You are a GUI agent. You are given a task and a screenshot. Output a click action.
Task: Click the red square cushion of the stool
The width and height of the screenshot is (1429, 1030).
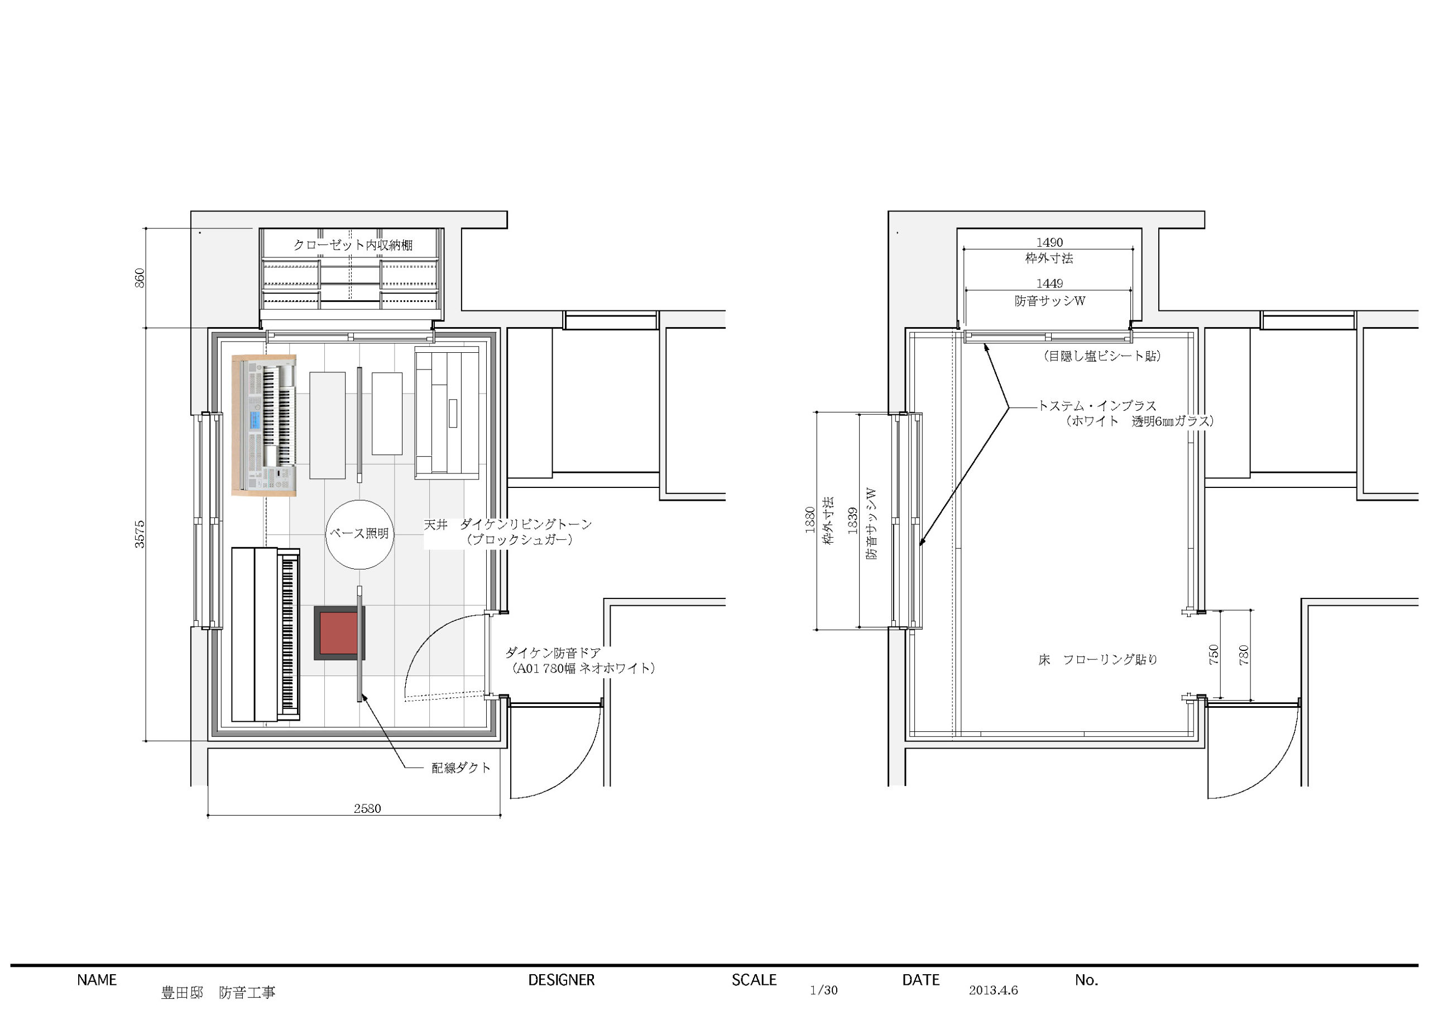pyautogui.click(x=339, y=633)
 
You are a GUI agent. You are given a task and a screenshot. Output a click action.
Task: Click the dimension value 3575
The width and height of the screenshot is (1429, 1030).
pyautogui.click(x=140, y=534)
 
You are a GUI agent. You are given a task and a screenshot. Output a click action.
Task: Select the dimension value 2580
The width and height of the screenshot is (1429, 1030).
pyautogui.click(x=367, y=808)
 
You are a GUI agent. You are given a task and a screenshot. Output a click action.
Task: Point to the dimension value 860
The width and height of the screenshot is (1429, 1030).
pyautogui.click(x=140, y=278)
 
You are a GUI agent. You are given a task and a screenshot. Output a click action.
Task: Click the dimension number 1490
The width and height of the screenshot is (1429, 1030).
pyautogui.click(x=1049, y=242)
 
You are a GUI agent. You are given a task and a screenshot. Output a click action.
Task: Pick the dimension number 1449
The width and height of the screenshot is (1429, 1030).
pyautogui.click(x=1049, y=284)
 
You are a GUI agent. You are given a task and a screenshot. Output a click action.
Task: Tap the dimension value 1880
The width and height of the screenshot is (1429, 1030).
pyautogui.click(x=811, y=520)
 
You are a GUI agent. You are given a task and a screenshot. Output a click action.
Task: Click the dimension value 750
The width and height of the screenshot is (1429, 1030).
pyautogui.click(x=1214, y=654)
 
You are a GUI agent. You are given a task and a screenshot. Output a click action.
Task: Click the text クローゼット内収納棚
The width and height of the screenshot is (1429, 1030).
pyautogui.click(x=353, y=245)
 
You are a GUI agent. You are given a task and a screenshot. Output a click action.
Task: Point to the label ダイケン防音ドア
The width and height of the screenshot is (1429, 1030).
pyautogui.click(x=553, y=653)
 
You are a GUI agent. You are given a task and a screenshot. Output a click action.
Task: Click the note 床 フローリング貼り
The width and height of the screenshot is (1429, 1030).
pyautogui.click(x=1098, y=659)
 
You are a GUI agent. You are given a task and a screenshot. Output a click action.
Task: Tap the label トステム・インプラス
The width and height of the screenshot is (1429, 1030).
pyautogui.click(x=1097, y=406)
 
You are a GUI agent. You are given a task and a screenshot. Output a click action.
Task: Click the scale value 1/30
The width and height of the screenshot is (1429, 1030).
pyautogui.click(x=823, y=990)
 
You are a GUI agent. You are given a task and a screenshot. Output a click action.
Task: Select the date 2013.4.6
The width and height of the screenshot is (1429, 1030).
pyautogui.click(x=993, y=990)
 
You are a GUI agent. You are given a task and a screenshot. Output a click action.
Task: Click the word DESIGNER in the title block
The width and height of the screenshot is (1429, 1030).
pyautogui.click(x=562, y=980)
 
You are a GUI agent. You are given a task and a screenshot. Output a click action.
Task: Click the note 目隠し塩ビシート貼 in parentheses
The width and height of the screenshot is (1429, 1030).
pyautogui.click(x=1102, y=356)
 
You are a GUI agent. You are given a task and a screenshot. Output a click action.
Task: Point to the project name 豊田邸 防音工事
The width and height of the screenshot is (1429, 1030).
pyautogui.click(x=219, y=992)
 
